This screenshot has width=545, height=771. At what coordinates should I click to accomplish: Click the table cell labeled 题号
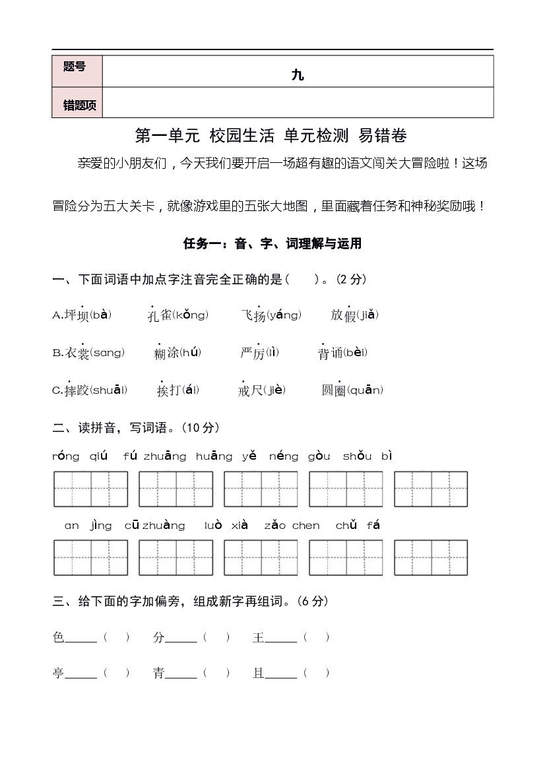click(x=75, y=67)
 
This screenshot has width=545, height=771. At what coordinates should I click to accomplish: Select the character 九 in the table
click(x=298, y=75)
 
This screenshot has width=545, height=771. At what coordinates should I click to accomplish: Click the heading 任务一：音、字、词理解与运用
click(x=272, y=243)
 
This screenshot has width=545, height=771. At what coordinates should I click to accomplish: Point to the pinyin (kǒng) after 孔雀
click(x=190, y=315)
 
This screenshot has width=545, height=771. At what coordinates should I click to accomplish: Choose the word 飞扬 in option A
click(x=253, y=315)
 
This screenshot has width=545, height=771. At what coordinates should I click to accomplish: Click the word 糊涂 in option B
click(x=166, y=353)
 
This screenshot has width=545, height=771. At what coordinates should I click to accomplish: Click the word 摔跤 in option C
click(x=77, y=390)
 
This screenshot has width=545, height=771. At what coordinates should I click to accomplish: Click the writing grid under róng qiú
click(x=90, y=489)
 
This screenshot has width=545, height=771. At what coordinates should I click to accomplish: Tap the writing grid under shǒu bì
click(x=430, y=489)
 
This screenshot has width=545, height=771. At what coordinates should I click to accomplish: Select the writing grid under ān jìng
click(x=90, y=557)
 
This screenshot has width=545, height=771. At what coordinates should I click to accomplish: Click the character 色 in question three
click(x=58, y=637)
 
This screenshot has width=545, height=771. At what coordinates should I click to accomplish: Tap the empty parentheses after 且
click(x=317, y=673)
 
